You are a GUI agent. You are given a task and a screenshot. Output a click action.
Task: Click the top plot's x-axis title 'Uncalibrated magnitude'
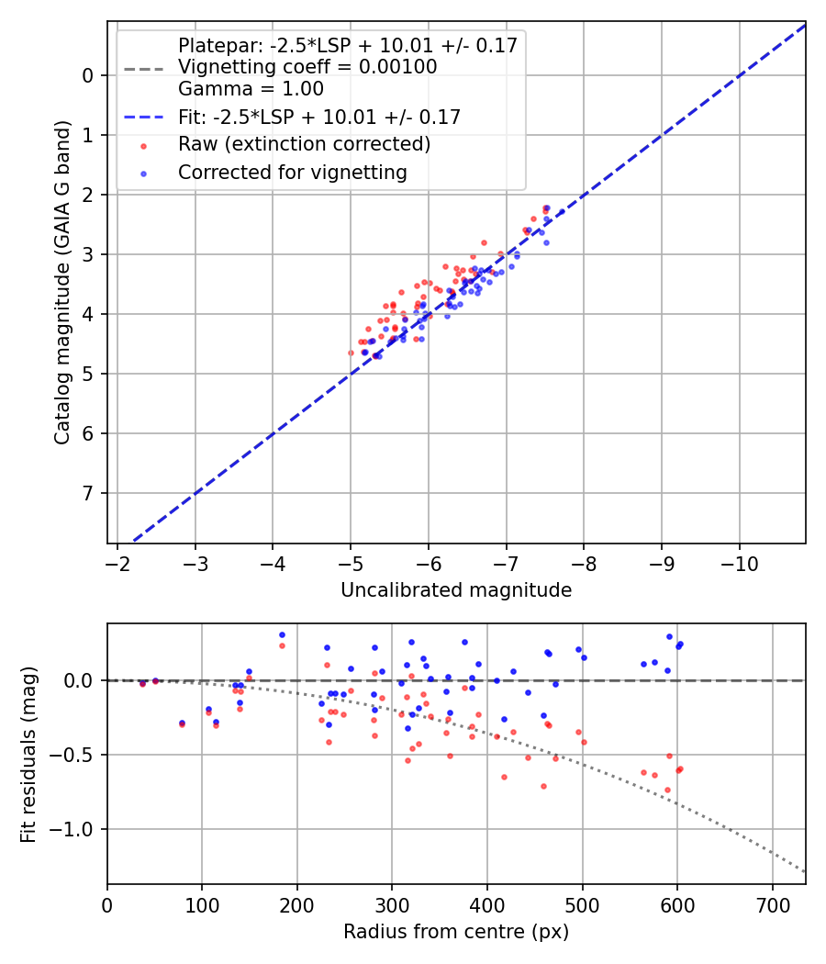456,590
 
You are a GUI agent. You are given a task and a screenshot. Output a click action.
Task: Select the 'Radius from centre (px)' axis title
456,932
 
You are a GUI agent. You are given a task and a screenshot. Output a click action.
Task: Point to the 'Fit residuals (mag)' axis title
28,754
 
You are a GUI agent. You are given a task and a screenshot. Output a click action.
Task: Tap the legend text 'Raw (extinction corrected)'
304,144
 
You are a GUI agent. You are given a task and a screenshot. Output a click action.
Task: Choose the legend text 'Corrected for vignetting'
292,172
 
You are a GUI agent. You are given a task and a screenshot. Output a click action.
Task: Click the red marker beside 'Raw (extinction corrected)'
142,145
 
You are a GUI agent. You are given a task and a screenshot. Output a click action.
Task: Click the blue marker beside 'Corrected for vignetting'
142,173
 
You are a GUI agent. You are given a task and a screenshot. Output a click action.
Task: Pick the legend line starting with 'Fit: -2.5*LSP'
318,117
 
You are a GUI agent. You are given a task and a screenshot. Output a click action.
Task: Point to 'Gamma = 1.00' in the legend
251,89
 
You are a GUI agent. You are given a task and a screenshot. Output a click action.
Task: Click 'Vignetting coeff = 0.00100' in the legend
307,67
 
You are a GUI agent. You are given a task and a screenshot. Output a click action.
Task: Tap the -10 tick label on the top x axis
740,563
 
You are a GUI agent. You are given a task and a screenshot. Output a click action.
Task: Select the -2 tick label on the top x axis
117,563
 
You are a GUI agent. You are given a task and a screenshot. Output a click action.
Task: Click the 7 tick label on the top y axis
89,494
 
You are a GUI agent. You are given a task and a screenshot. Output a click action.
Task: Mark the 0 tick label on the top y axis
89,75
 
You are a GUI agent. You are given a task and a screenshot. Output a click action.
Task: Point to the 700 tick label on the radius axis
772,904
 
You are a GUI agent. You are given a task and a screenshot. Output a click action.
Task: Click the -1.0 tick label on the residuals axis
76,830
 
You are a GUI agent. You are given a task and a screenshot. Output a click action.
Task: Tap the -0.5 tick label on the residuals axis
76,756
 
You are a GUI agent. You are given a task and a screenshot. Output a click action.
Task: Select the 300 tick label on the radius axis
392,904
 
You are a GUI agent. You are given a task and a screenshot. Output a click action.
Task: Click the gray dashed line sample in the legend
142,68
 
